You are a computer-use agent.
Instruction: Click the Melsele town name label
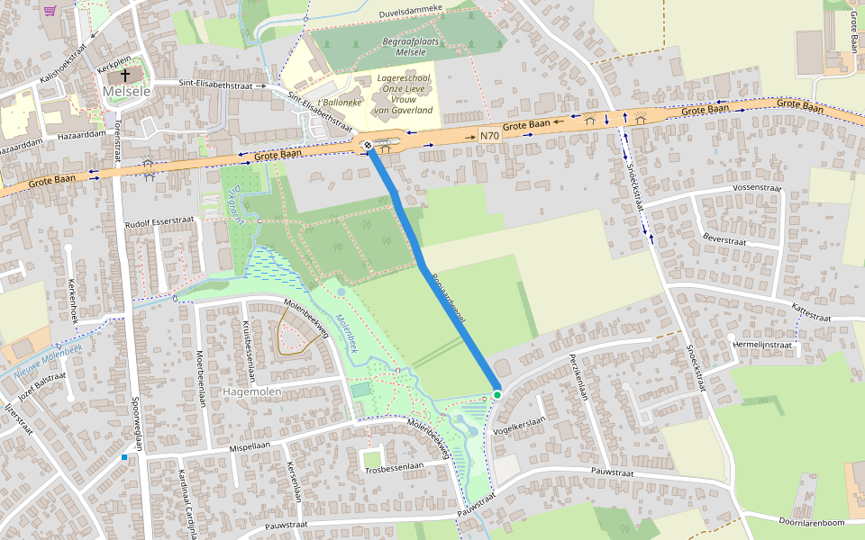click(126, 92)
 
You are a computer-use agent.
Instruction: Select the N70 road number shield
click(489, 136)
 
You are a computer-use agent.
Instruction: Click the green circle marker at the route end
click(496, 394)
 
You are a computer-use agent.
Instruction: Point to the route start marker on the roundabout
click(368, 146)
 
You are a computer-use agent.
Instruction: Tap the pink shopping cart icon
click(50, 11)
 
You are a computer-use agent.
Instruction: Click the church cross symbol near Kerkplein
click(125, 76)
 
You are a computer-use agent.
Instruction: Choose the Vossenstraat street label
click(757, 187)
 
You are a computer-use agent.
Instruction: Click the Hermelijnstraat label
click(762, 345)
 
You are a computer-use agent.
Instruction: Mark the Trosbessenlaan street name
click(394, 467)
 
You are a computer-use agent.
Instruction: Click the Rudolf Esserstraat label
click(160, 224)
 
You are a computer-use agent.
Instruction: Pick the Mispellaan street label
click(250, 445)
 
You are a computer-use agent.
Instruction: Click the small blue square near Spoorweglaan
click(124, 457)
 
